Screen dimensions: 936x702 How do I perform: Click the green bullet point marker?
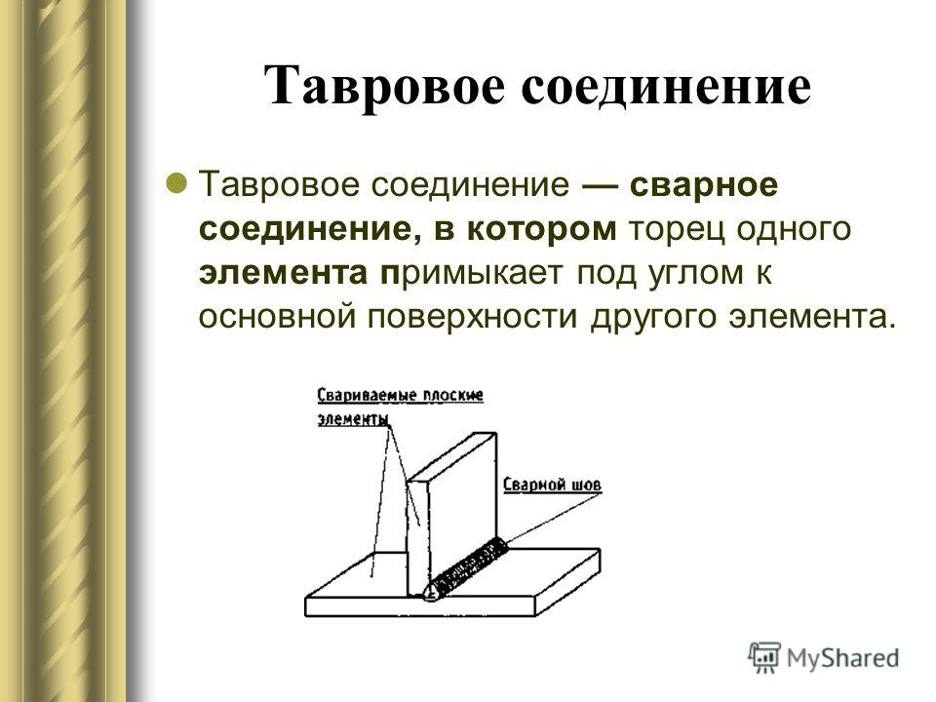point(176,182)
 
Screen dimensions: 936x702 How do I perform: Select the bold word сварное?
point(704,185)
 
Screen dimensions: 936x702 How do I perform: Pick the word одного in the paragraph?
point(792,230)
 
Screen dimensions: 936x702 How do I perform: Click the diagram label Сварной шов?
point(552,485)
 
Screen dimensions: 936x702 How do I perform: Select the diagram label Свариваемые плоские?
point(400,396)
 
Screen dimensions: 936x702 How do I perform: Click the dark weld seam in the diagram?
point(467,567)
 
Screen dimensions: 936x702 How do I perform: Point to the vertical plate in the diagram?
point(452,515)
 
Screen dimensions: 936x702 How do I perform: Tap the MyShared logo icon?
point(764,657)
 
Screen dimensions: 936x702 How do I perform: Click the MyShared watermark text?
point(842,658)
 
